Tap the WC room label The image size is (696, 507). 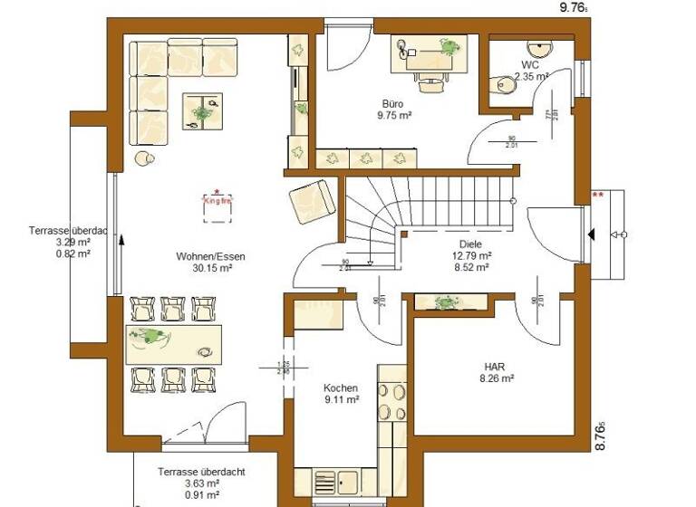tap(529, 65)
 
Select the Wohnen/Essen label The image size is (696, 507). tap(211, 256)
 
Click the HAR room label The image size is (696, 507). tap(495, 366)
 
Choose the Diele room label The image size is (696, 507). tap(470, 244)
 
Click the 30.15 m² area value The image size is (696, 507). tap(211, 268)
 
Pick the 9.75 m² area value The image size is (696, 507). tap(392, 116)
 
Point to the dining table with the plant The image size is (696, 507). tap(172, 343)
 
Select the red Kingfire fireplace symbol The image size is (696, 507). tap(217, 204)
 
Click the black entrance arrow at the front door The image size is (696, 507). tap(591, 235)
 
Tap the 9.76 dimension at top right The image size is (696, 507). tap(573, 6)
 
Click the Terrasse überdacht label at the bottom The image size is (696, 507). tap(200, 472)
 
